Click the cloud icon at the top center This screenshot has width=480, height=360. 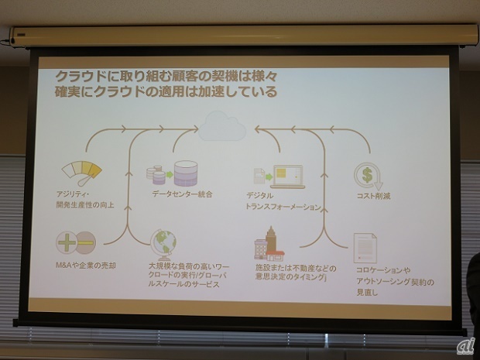click(x=221, y=125)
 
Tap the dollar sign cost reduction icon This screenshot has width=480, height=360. click(x=365, y=174)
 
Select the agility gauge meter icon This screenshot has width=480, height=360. click(x=82, y=171)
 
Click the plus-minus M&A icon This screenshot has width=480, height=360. click(x=75, y=242)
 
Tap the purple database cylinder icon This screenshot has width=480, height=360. click(x=185, y=173)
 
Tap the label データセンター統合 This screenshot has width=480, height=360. click(x=181, y=194)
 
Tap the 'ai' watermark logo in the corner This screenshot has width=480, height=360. click(x=463, y=345)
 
